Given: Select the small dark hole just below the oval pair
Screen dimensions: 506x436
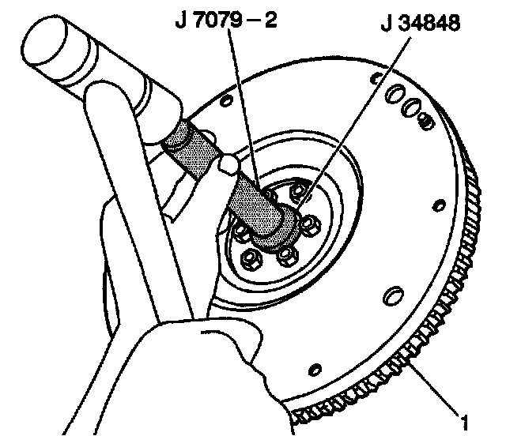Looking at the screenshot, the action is (425, 122).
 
